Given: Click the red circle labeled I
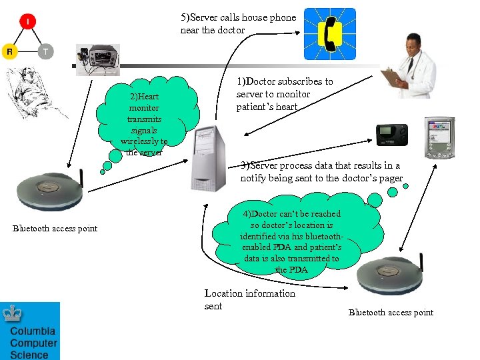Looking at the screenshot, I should pyautogui.click(x=27, y=21).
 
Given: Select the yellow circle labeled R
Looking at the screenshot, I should pyautogui.click(x=9, y=51).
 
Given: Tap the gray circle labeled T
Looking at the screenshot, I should pyautogui.click(x=45, y=51).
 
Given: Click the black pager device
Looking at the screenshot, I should pyautogui.click(x=390, y=134).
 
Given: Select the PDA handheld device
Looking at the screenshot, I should pyautogui.click(x=439, y=137).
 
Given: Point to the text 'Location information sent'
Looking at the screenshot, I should pyautogui.click(x=249, y=299).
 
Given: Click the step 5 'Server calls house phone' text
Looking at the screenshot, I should pyautogui.click(x=238, y=23).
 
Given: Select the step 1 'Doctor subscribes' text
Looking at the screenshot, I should pyautogui.click(x=284, y=94).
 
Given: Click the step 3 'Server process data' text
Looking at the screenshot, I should pyautogui.click(x=321, y=171).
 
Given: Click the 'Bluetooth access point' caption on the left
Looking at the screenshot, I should pyautogui.click(x=55, y=229).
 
